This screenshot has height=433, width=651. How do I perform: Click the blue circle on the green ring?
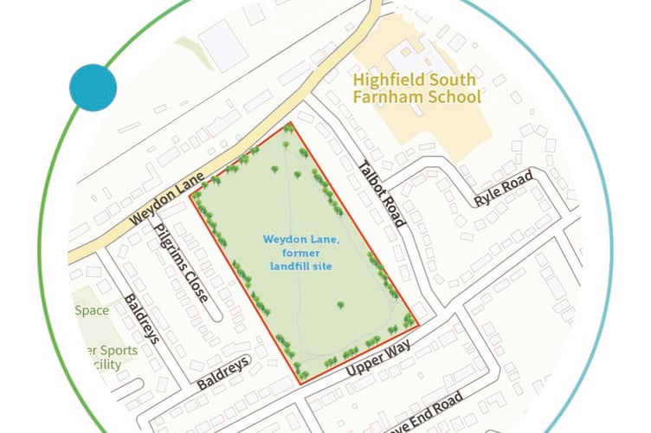point(93,87)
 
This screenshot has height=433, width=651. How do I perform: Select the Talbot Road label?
point(382,194)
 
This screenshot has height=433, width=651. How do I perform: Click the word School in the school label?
point(451,96)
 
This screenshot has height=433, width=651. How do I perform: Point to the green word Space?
point(91,310)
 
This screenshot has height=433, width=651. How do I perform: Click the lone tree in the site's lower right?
point(340,305)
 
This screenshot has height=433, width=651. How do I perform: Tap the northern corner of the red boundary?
point(292,123)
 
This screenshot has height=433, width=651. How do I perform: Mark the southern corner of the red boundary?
point(300,383)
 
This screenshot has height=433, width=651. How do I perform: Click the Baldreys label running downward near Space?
point(141,318)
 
